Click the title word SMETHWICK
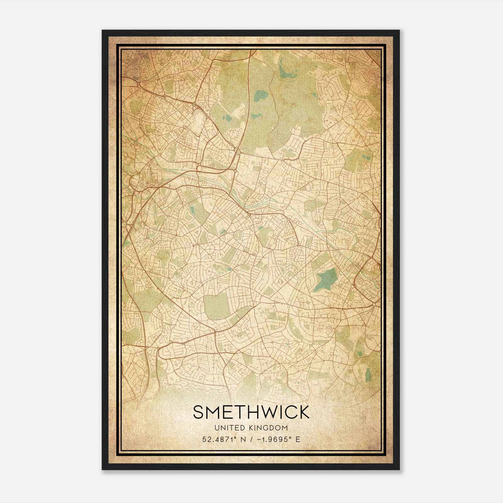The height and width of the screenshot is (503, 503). pyautogui.click(x=251, y=412)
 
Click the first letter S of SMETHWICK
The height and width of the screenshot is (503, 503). pyautogui.click(x=199, y=412)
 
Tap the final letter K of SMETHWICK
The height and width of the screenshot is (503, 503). pyautogui.click(x=303, y=412)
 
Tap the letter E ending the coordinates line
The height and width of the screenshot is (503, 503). pyautogui.click(x=298, y=439)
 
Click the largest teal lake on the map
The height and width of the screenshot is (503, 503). pyautogui.click(x=325, y=279)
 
